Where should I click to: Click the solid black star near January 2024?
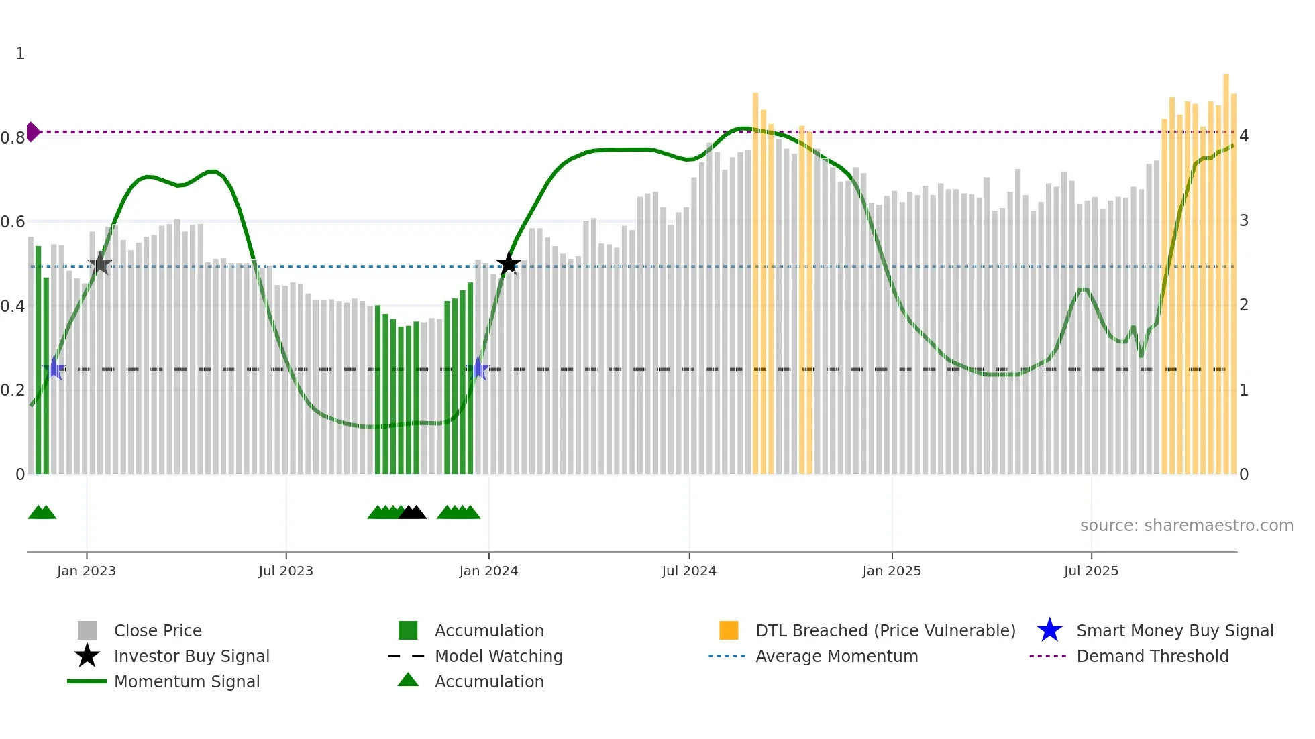click(x=509, y=264)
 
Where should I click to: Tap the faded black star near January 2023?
click(x=99, y=264)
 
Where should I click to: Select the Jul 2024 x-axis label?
click(x=689, y=571)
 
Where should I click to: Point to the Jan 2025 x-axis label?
click(x=892, y=571)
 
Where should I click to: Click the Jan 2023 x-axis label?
click(x=87, y=571)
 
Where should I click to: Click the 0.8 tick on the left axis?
click(x=13, y=138)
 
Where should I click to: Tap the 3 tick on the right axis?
click(x=1244, y=221)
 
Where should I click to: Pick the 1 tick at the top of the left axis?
click(x=20, y=54)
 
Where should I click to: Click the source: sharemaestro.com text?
click(x=1186, y=526)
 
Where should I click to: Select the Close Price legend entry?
click(x=158, y=630)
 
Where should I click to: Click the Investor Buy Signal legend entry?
click(x=191, y=656)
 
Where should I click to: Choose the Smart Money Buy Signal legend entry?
click(x=1174, y=630)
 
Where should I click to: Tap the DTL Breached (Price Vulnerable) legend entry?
click(x=885, y=630)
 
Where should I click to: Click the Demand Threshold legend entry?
click(x=1152, y=656)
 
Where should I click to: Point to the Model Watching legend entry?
click(x=498, y=656)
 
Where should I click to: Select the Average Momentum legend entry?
click(x=836, y=656)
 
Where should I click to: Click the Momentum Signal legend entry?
click(x=187, y=681)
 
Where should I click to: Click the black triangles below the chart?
click(x=413, y=513)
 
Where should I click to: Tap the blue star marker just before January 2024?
click(x=478, y=368)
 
